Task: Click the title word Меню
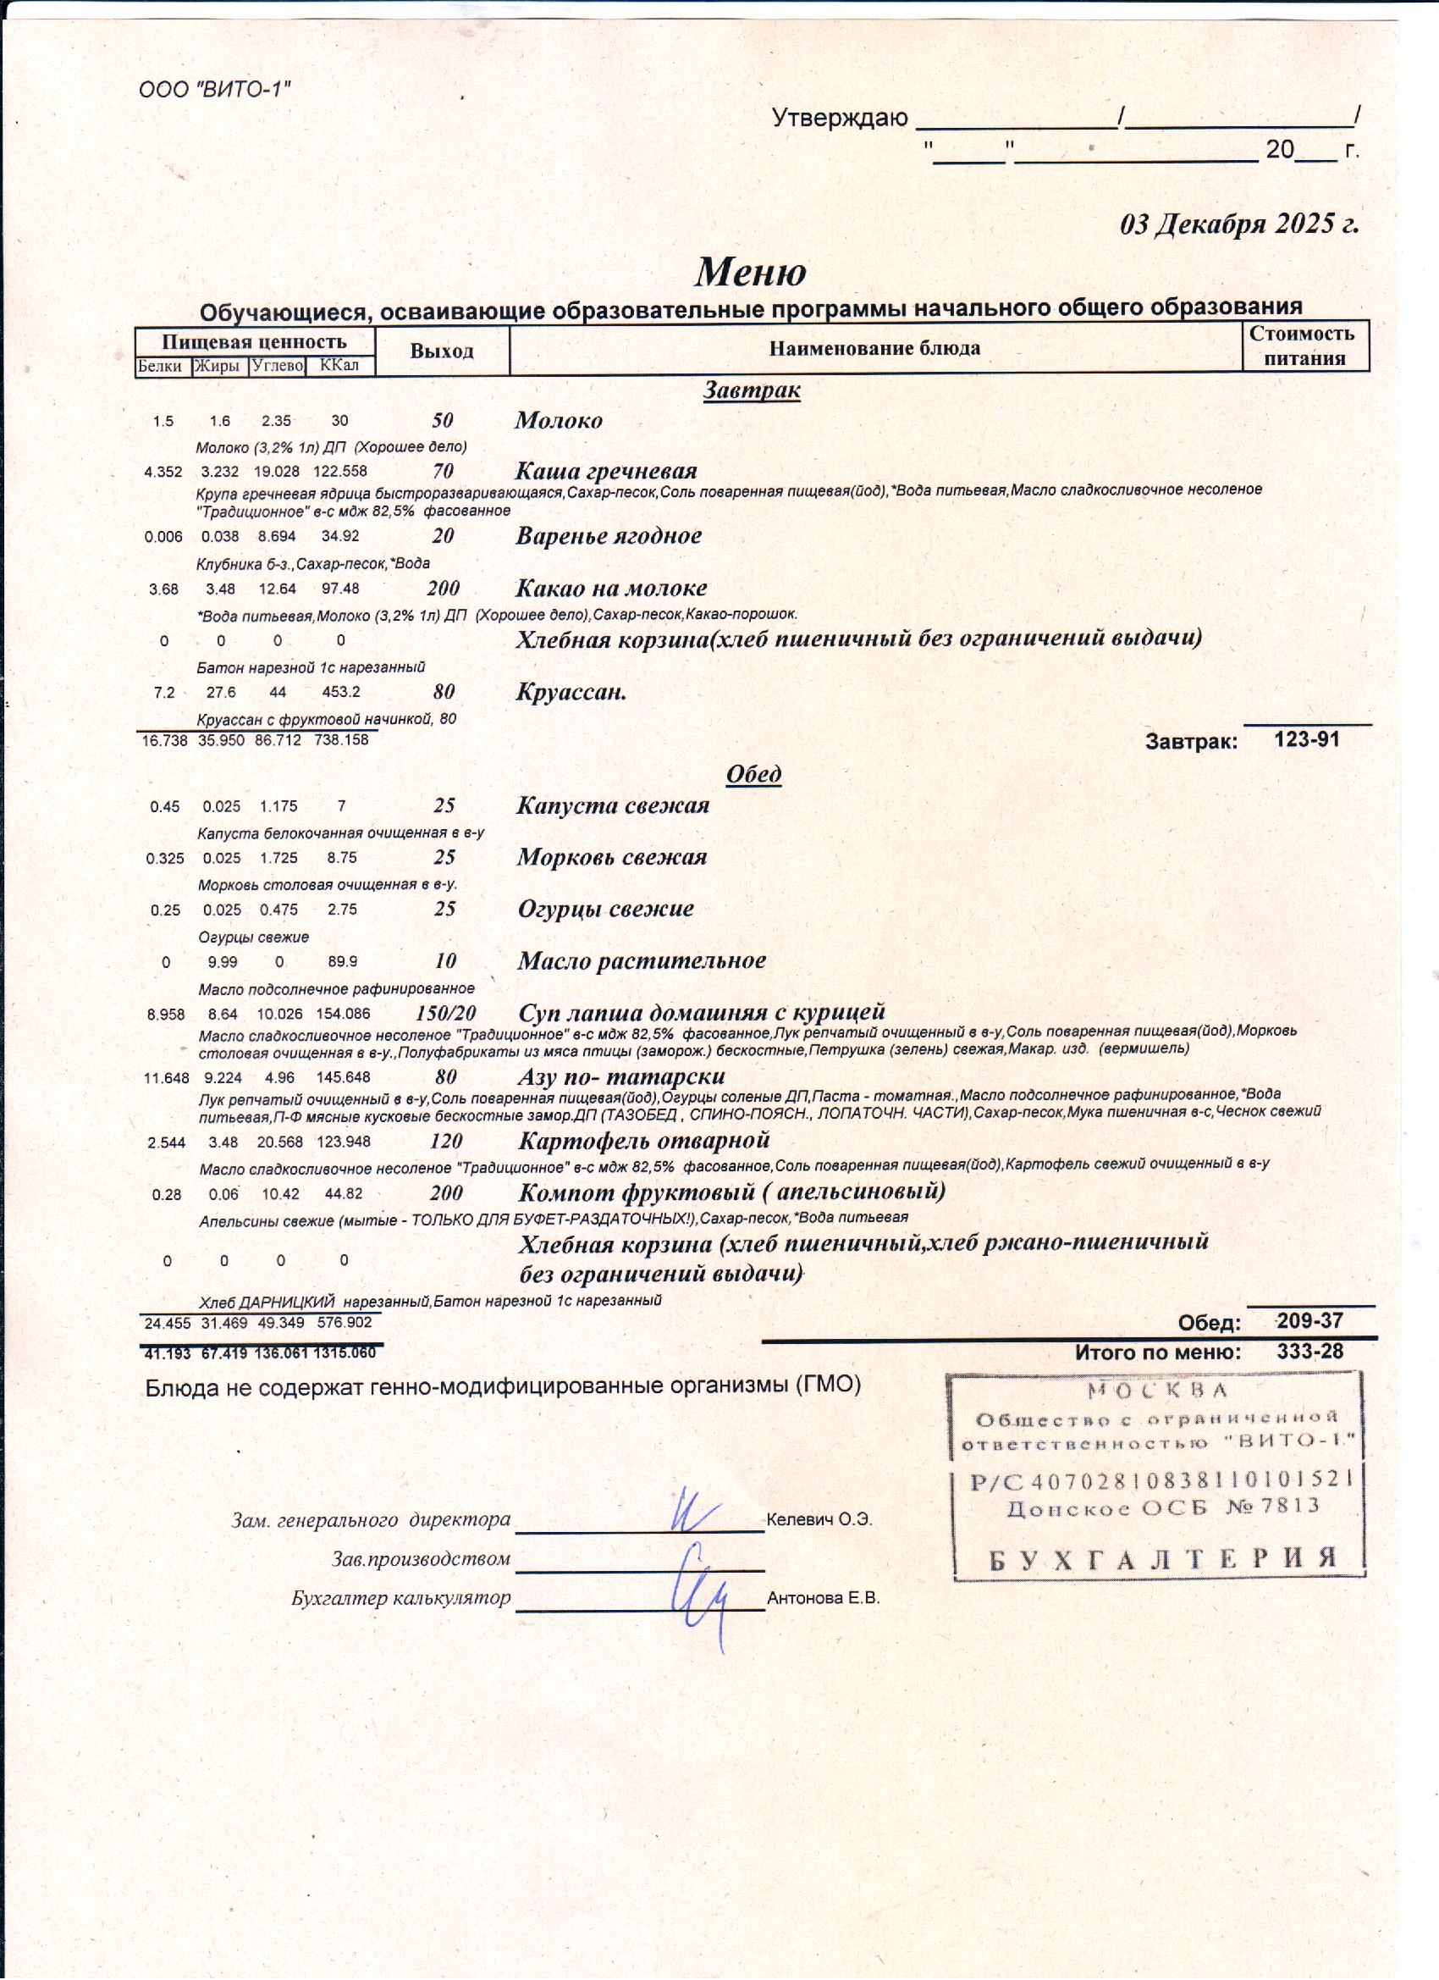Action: tap(751, 272)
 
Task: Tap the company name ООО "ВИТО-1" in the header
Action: tap(215, 89)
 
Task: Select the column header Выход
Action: tap(442, 351)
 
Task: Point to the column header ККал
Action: tap(339, 365)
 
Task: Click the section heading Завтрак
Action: tap(752, 390)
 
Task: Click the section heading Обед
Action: tap(754, 774)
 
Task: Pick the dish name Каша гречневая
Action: tap(605, 472)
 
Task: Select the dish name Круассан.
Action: tap(571, 694)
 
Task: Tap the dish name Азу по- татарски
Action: tap(621, 1076)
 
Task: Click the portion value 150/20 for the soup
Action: tap(446, 1014)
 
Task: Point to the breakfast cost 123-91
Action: tap(1306, 740)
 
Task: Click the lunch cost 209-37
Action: tap(1309, 1321)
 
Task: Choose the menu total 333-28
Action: tap(1309, 1352)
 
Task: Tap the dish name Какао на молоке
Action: tap(611, 589)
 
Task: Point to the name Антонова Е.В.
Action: tap(823, 1600)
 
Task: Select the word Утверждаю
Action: tap(840, 119)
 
